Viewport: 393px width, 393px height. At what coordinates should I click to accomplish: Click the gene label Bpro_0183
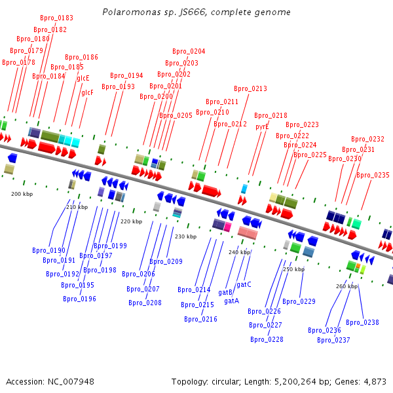click(56, 18)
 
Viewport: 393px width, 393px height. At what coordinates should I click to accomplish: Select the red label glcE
click(83, 78)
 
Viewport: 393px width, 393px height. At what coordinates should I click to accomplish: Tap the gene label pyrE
click(262, 126)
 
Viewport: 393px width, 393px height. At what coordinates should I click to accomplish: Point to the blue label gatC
click(244, 284)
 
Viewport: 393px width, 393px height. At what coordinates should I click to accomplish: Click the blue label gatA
click(232, 301)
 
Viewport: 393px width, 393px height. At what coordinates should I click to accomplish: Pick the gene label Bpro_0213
click(250, 88)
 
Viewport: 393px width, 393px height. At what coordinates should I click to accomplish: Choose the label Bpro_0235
click(373, 175)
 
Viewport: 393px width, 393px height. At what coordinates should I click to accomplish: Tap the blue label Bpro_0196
click(79, 299)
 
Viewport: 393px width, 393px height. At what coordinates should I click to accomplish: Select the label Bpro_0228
click(267, 339)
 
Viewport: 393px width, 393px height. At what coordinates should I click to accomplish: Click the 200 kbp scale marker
click(22, 194)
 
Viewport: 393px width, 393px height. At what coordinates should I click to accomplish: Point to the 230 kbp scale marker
click(186, 236)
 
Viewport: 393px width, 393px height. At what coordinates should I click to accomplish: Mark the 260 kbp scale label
click(347, 286)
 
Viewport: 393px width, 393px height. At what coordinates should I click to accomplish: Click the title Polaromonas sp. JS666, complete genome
click(196, 12)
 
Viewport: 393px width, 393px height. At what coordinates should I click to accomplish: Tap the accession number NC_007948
click(71, 382)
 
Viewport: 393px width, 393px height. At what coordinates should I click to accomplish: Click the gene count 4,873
click(375, 382)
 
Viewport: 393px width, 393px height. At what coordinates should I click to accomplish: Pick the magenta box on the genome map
click(227, 227)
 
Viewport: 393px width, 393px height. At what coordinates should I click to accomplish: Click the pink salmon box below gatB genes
click(248, 233)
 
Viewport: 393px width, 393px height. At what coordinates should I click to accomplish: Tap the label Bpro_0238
click(362, 322)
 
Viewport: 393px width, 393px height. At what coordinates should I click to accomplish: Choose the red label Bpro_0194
click(126, 75)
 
